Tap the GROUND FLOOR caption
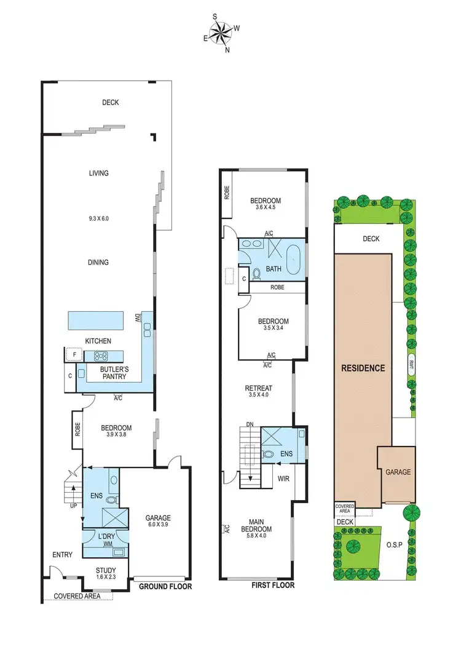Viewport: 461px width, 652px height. click(x=165, y=587)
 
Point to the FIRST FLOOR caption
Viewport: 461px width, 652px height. click(x=273, y=585)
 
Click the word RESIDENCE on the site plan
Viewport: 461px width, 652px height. click(x=363, y=368)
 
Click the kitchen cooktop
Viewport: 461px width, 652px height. click(x=100, y=356)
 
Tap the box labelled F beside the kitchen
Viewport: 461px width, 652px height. click(x=74, y=355)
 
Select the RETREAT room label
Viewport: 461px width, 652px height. click(x=258, y=388)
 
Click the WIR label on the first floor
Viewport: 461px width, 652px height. click(x=283, y=477)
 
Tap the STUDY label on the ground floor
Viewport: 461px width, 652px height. click(x=106, y=570)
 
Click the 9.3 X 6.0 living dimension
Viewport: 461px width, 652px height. click(x=98, y=218)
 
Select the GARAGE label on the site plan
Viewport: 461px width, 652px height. click(x=398, y=472)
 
